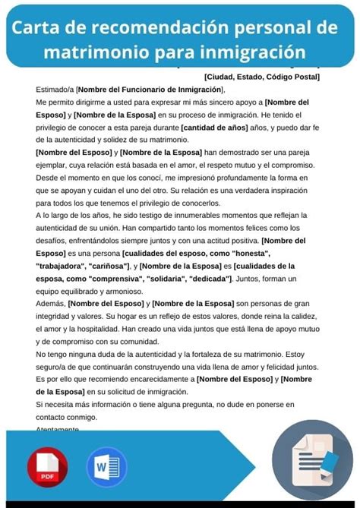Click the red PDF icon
(47, 465)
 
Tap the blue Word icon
(106, 465)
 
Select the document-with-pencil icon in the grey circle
(311, 459)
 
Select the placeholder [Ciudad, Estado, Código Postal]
(262, 76)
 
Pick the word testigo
(161, 216)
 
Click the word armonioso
(122, 291)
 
